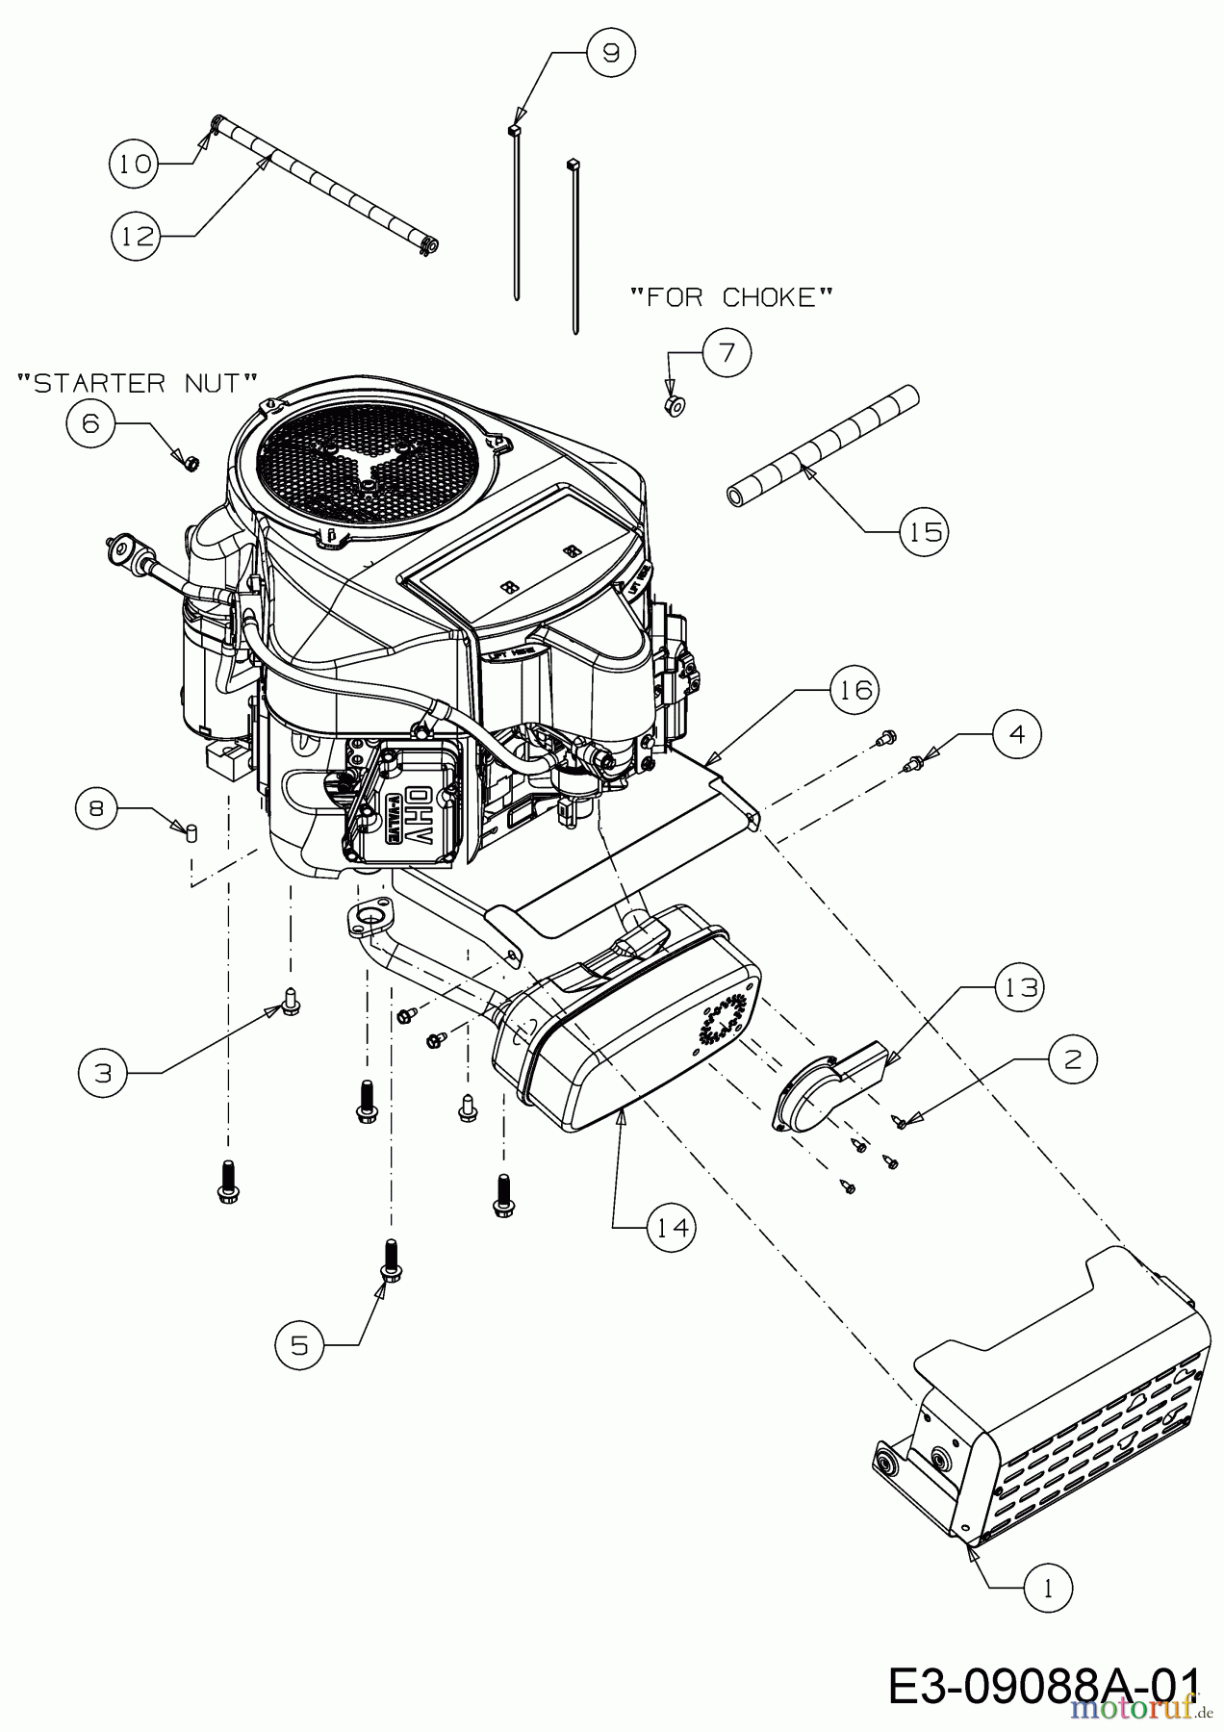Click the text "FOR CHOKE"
[x=730, y=297]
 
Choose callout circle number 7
[x=727, y=353]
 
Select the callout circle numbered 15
[x=925, y=530]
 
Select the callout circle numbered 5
[x=300, y=1344]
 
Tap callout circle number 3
[x=104, y=1073]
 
